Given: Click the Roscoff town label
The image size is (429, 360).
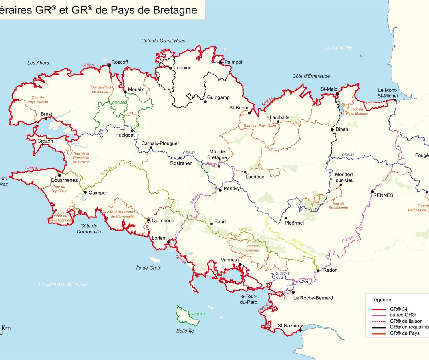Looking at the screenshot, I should point(120,62).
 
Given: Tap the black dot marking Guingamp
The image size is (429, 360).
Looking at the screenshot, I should point(205,101).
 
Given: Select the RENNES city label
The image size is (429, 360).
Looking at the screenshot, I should point(383,195).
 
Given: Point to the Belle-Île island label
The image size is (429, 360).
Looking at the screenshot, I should point(185,331).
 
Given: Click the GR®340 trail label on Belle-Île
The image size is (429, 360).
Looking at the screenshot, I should point(198,314).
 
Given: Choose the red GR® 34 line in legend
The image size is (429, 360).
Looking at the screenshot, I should point(378,309).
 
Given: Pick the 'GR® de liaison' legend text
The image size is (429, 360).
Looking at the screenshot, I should point(406,321).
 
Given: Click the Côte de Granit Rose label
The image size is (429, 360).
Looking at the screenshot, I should point(163,41).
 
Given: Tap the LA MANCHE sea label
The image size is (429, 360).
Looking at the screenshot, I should point(338,48).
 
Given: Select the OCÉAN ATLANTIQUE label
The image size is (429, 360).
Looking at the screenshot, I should point(63,284).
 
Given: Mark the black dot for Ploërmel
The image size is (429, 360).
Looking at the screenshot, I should point(285,218).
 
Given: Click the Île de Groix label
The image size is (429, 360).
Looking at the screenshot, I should point(148,268).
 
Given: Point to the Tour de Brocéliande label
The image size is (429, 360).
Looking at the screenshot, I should point(338,206).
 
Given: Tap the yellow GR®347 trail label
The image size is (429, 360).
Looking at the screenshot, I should point(298,242).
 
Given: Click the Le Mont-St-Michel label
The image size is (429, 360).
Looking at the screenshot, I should point(387,93).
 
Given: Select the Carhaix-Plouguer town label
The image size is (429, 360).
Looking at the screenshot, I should point(160,143).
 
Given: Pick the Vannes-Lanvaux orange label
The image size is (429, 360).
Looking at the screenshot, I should point(253,248).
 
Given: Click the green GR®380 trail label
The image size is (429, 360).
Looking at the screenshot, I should point(119,103).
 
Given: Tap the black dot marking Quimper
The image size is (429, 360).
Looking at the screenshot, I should point(85,192).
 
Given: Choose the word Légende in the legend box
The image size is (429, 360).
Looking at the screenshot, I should point(381,300).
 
